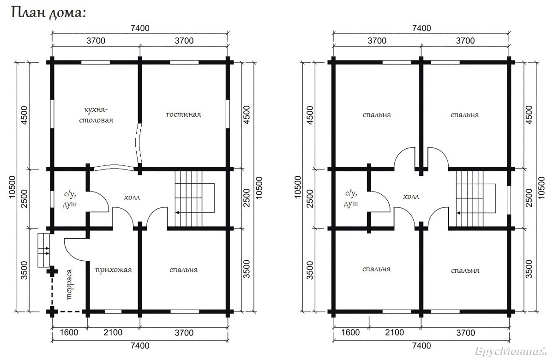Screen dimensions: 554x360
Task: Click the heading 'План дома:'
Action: (x=48, y=12)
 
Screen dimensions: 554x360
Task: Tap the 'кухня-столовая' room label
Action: (x=96, y=115)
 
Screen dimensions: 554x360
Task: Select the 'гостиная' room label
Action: (x=184, y=114)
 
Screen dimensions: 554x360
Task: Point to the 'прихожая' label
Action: (x=114, y=270)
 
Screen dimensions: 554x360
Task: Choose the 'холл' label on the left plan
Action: (x=132, y=198)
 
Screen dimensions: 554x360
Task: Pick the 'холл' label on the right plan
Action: (x=411, y=197)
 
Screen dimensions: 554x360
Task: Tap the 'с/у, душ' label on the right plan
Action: (x=351, y=198)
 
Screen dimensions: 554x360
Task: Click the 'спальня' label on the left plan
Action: (x=184, y=270)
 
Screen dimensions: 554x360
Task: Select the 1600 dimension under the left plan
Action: (x=69, y=333)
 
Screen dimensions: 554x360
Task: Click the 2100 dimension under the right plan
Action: (x=394, y=333)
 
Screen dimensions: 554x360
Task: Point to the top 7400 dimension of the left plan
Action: (x=140, y=28)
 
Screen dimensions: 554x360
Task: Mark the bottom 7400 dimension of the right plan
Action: (x=422, y=346)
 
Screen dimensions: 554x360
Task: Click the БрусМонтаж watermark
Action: (x=511, y=351)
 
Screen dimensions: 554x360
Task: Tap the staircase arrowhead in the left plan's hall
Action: (x=177, y=213)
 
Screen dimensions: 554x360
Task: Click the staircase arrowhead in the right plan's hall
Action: (x=458, y=213)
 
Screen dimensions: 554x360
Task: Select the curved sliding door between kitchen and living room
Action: (x=139, y=144)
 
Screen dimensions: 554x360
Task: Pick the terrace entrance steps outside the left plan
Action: (x=44, y=250)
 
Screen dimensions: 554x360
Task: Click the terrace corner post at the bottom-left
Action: (x=52, y=312)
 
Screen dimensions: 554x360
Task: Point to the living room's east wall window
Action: (x=228, y=114)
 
